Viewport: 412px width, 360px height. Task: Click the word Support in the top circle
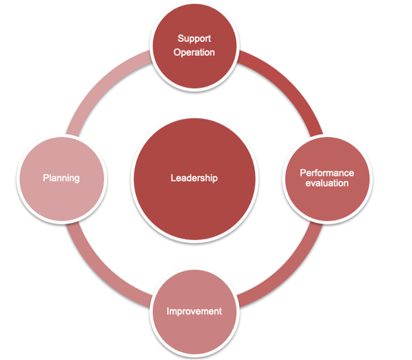coord(194,39)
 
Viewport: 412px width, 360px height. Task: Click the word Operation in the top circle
coord(194,53)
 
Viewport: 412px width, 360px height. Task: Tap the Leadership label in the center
coord(194,178)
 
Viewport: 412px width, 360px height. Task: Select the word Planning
coord(61,179)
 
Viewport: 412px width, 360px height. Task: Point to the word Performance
coord(327,173)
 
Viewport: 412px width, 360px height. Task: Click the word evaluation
coord(327,183)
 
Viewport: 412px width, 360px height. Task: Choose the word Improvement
coord(194,311)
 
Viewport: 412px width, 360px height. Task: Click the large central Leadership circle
coord(195,179)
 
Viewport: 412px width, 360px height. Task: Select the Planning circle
coord(61,179)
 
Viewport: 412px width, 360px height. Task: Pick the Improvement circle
coord(195,312)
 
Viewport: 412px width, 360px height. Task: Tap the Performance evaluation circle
coord(328,179)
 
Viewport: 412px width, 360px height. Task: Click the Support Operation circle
coord(195,46)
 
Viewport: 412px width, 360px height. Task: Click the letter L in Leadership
coord(173,178)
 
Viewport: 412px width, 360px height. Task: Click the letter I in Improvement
coord(167,311)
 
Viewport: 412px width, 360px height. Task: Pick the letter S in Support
coord(181,39)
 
